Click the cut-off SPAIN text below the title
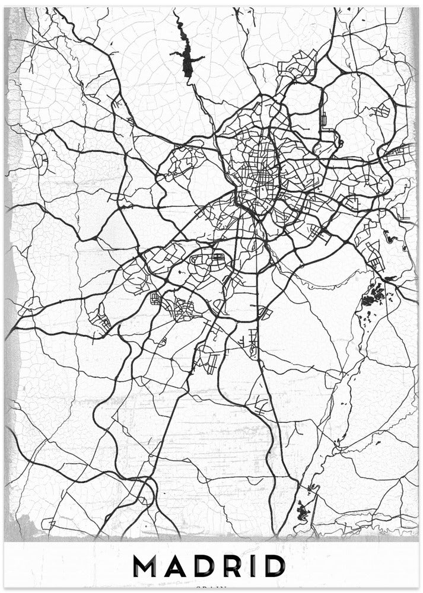click(x=211, y=589)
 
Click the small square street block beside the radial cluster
click(x=157, y=299)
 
